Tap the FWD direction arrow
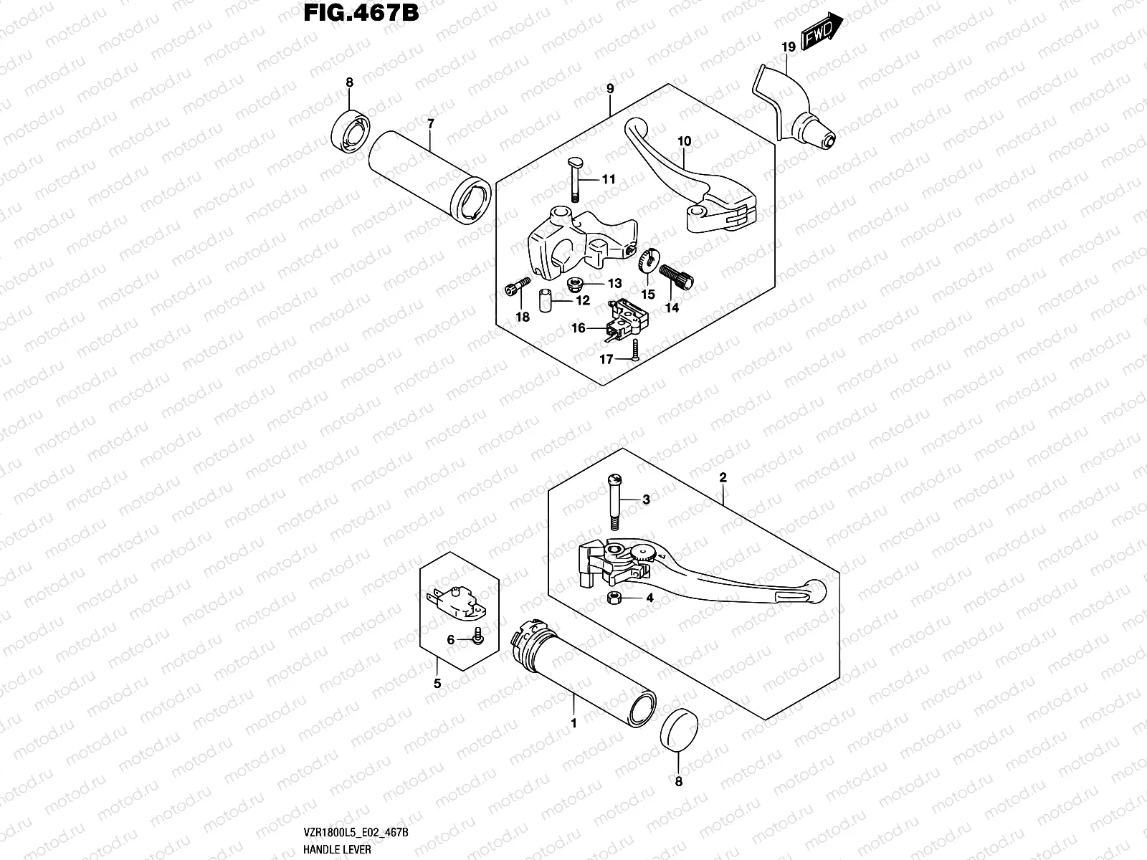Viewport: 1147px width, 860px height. pyautogui.click(x=820, y=32)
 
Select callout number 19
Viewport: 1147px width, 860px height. pyautogui.click(x=788, y=47)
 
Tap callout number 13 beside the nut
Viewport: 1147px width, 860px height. pyautogui.click(x=614, y=284)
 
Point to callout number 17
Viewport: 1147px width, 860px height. pyautogui.click(x=606, y=359)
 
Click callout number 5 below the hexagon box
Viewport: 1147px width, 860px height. pyautogui.click(x=437, y=684)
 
